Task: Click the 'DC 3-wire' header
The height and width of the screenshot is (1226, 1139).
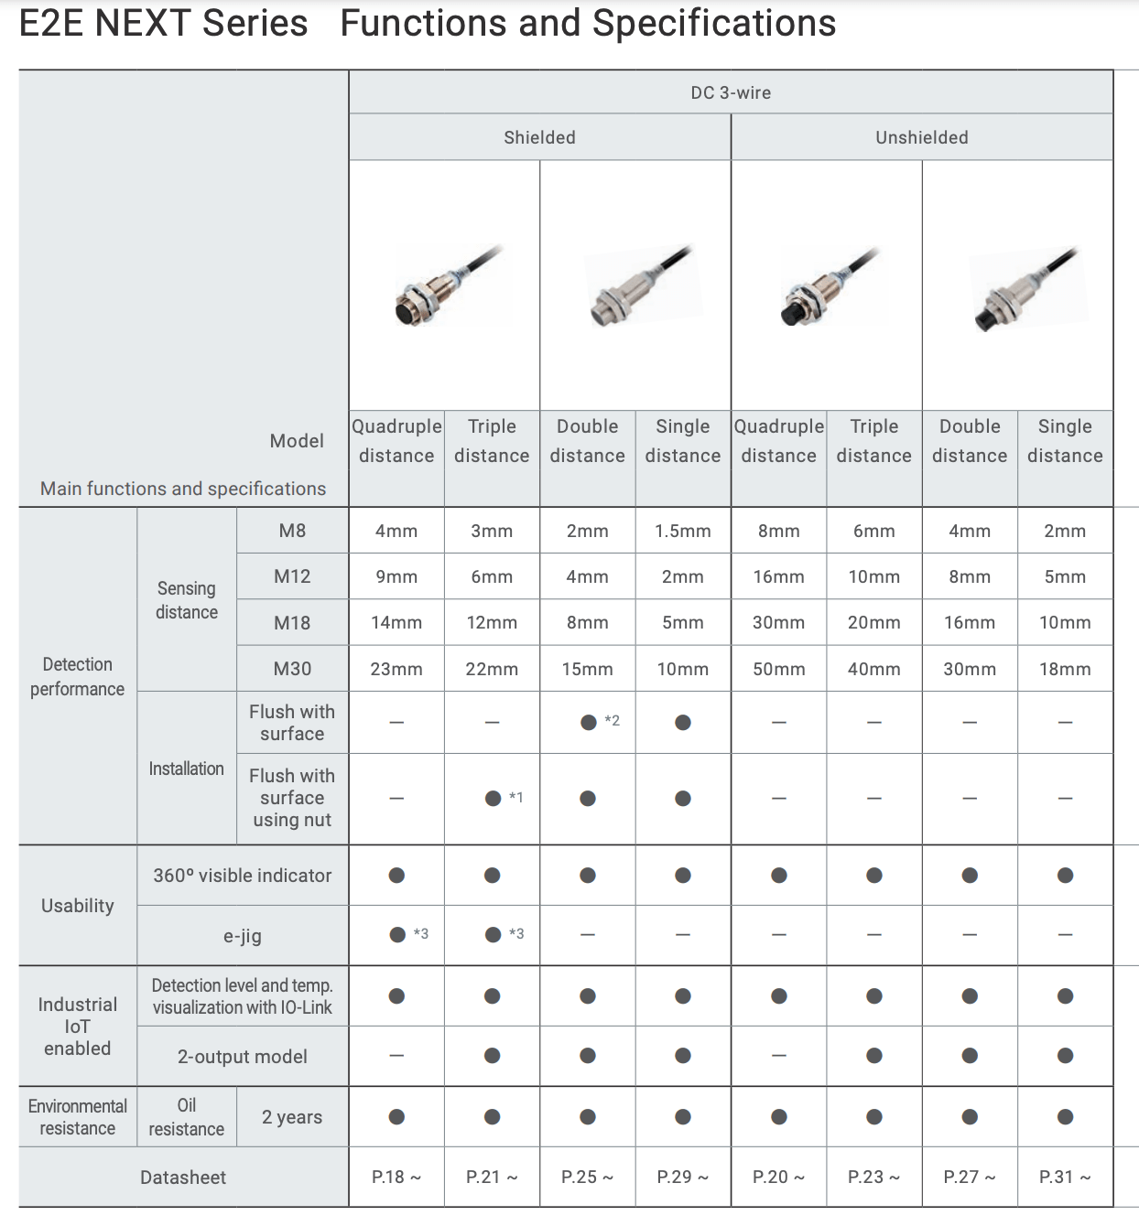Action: [730, 92]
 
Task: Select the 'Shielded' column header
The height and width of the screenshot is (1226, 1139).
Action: [539, 137]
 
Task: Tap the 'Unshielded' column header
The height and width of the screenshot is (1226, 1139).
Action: [921, 137]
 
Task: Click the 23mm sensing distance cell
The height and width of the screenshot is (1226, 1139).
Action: [396, 669]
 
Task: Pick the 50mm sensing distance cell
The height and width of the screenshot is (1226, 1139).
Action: [778, 669]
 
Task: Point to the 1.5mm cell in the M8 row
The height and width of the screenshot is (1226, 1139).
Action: [682, 531]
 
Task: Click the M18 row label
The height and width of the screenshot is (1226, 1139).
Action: [292, 623]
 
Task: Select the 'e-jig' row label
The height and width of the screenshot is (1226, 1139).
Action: [243, 936]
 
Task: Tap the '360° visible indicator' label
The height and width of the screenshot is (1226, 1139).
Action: [243, 876]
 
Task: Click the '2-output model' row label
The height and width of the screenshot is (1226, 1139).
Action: [243, 1057]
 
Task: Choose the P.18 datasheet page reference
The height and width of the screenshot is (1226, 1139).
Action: [396, 1178]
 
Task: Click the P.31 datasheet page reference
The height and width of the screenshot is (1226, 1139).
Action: [1064, 1178]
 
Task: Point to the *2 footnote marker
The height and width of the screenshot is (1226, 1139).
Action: [613, 721]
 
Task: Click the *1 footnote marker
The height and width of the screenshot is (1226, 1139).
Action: [516, 798]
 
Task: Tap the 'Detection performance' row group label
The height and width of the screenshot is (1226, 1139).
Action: [77, 676]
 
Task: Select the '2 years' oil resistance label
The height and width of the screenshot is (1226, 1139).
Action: [292, 1117]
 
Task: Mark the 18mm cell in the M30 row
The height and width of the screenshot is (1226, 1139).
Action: [1064, 669]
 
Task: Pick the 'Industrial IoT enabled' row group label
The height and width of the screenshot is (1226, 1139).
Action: [77, 1027]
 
